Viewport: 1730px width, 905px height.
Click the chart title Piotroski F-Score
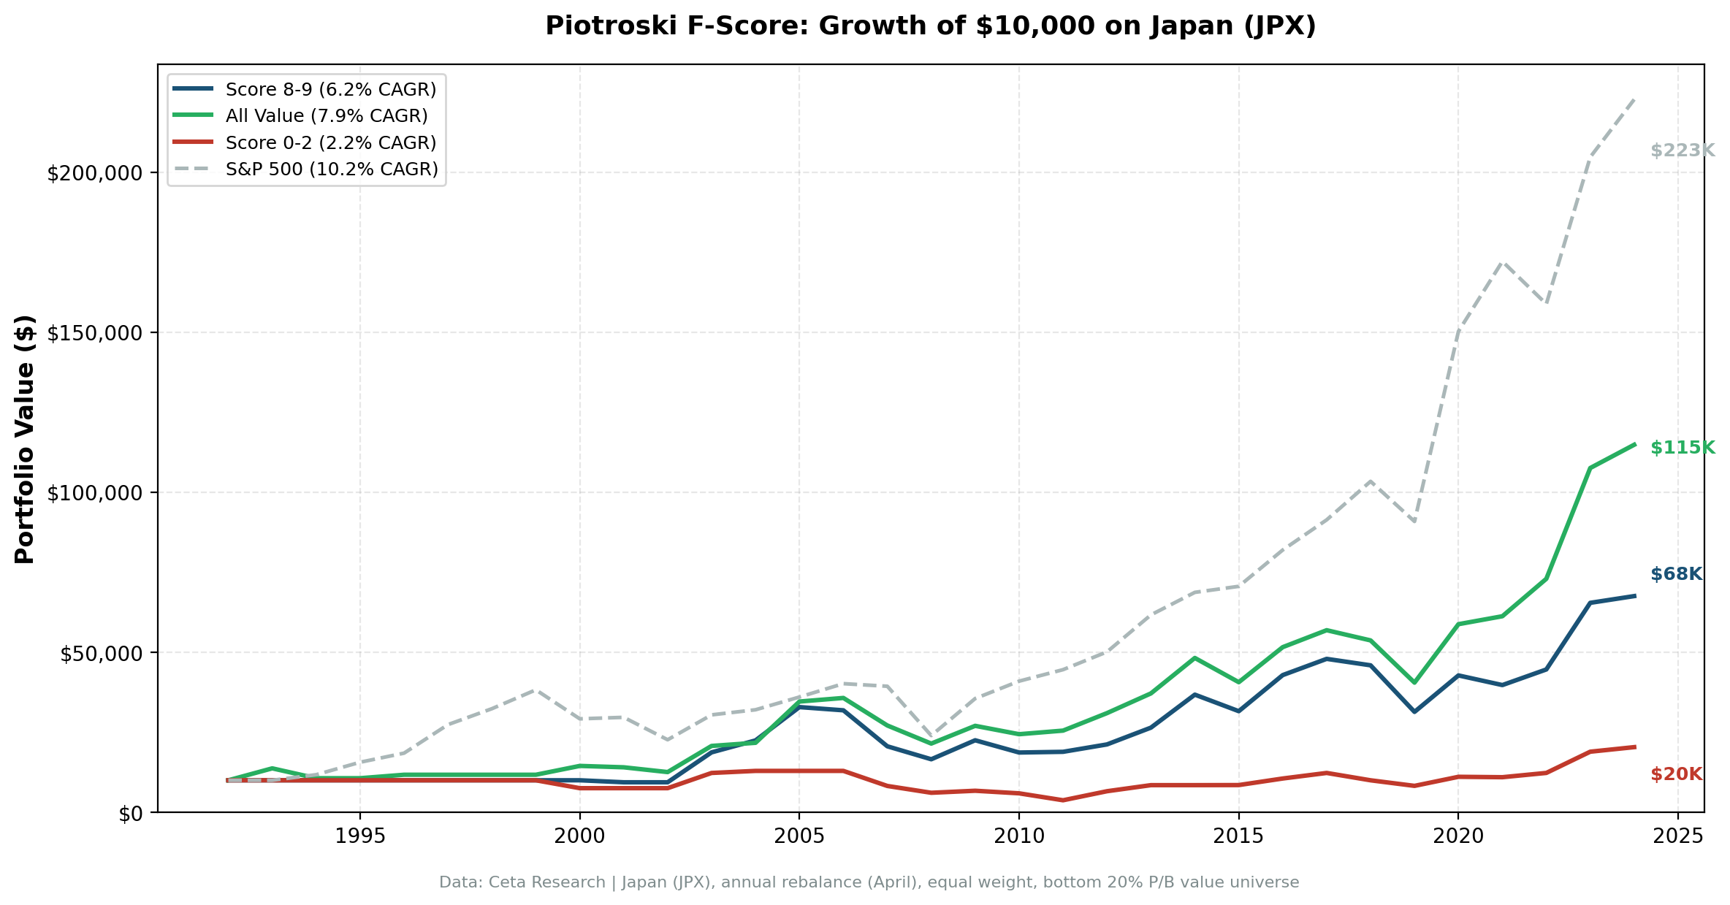tap(930, 26)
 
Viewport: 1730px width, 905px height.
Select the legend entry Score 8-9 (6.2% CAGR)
tap(330, 89)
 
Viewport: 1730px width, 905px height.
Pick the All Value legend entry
tap(326, 115)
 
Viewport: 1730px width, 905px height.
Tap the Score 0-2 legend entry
tap(330, 142)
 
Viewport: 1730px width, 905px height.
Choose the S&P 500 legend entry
tap(331, 169)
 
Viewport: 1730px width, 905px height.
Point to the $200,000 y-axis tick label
tap(94, 174)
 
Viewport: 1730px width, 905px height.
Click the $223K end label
tap(1682, 150)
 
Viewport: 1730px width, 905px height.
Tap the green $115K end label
tap(1682, 448)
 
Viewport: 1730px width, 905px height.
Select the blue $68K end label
tap(1676, 574)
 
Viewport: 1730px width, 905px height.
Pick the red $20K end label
tap(1676, 774)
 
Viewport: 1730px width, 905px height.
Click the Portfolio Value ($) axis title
tap(25, 439)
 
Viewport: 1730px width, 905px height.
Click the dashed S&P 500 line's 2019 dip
tap(1414, 522)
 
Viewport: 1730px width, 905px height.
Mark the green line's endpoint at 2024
tap(1634, 444)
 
